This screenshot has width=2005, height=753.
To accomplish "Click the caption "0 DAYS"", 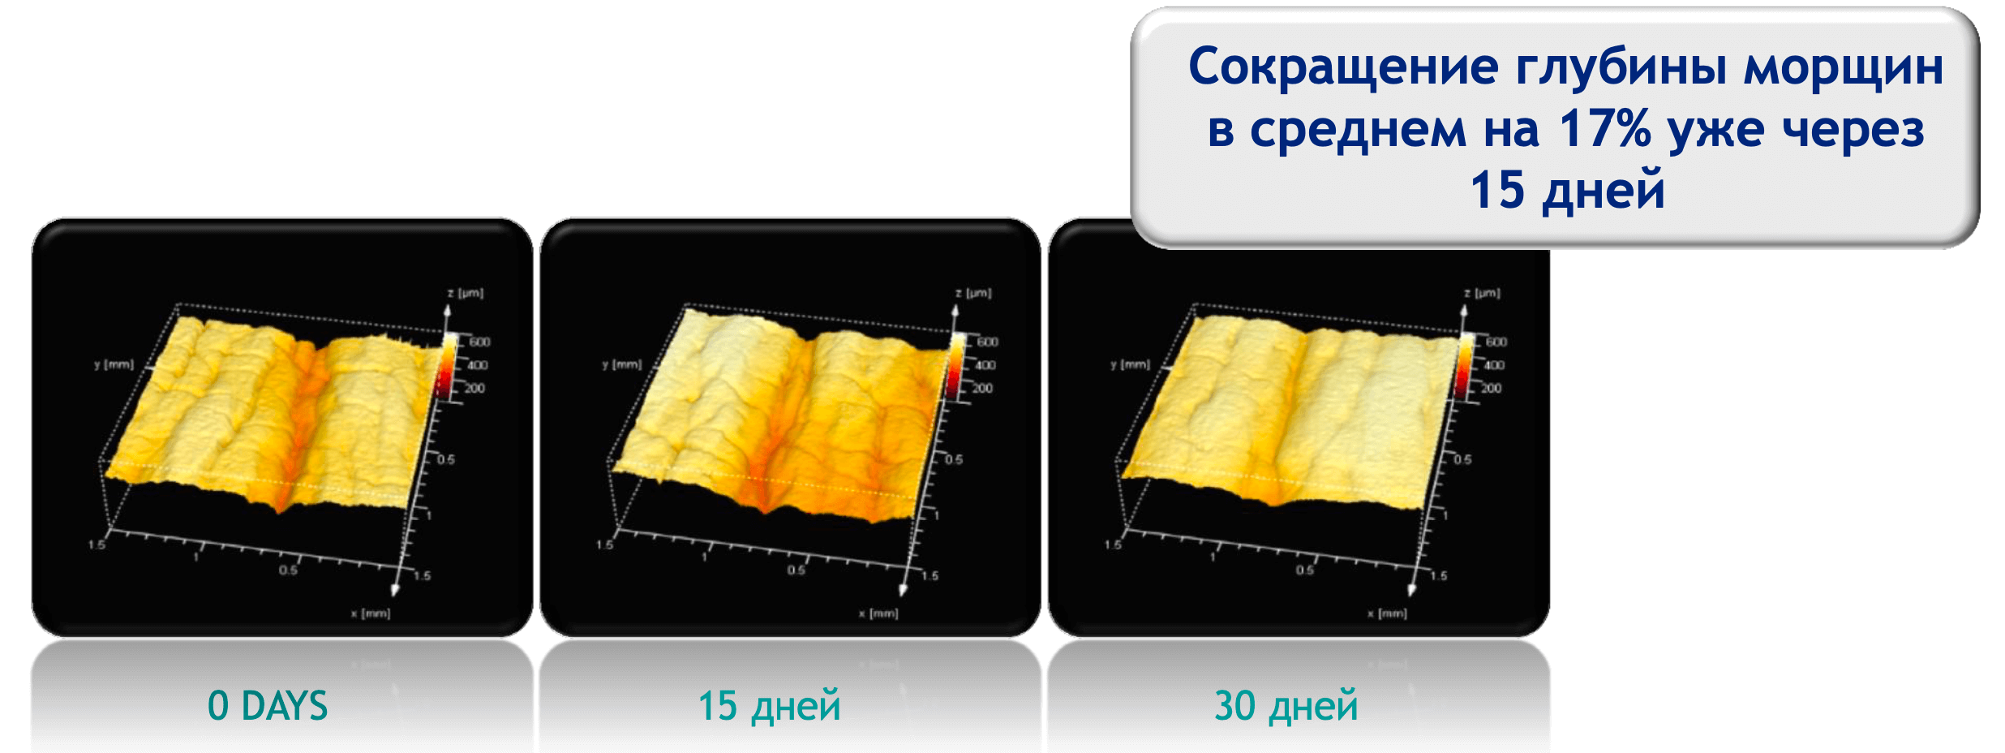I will (x=268, y=706).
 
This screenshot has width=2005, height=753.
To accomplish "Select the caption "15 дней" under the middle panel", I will (x=769, y=706).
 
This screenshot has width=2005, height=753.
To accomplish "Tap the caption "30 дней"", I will (x=1286, y=706).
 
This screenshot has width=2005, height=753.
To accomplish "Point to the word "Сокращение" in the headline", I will (x=1343, y=67).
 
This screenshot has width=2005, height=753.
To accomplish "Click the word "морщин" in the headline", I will (x=1843, y=67).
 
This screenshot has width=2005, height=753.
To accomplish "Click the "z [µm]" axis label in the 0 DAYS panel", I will (x=466, y=293).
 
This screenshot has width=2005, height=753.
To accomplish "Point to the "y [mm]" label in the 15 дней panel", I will (x=622, y=364).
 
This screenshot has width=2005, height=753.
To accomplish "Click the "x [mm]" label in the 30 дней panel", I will (x=1387, y=613).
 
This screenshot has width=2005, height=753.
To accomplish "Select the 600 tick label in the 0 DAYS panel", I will (x=479, y=342).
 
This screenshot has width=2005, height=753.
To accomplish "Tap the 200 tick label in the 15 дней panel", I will (x=982, y=389).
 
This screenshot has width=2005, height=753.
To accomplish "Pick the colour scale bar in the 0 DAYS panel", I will (x=448, y=365).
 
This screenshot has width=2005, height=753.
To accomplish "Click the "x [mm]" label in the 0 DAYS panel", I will (x=371, y=613).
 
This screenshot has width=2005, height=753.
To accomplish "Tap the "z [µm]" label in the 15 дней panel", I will (x=973, y=293).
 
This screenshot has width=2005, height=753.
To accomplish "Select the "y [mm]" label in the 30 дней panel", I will (x=1131, y=364).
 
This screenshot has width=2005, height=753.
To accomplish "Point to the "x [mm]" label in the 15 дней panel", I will (x=878, y=613).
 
